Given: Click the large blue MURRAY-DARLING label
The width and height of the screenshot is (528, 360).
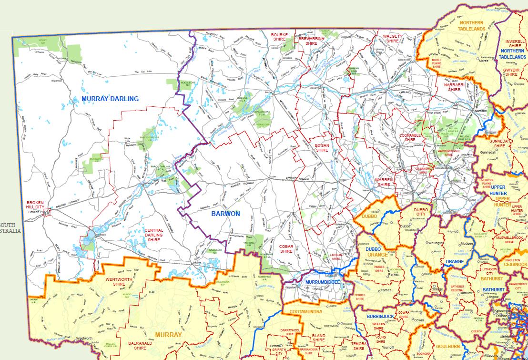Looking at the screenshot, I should coord(110,99).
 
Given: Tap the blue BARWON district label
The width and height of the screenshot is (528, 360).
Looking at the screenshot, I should coord(226,214).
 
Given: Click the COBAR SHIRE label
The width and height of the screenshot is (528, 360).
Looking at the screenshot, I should coord(286,248).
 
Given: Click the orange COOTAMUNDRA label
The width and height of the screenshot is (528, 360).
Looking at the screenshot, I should coord(305,311).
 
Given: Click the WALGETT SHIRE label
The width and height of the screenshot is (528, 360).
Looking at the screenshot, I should coord(392,39).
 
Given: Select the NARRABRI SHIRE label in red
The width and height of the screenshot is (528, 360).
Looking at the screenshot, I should coord(454,87).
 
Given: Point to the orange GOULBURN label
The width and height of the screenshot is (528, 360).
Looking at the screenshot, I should coord(448,347).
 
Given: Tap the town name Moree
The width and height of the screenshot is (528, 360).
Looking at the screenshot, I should coord(483,61).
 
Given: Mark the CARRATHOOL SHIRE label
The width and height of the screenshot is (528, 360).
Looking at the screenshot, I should coord(289,332).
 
